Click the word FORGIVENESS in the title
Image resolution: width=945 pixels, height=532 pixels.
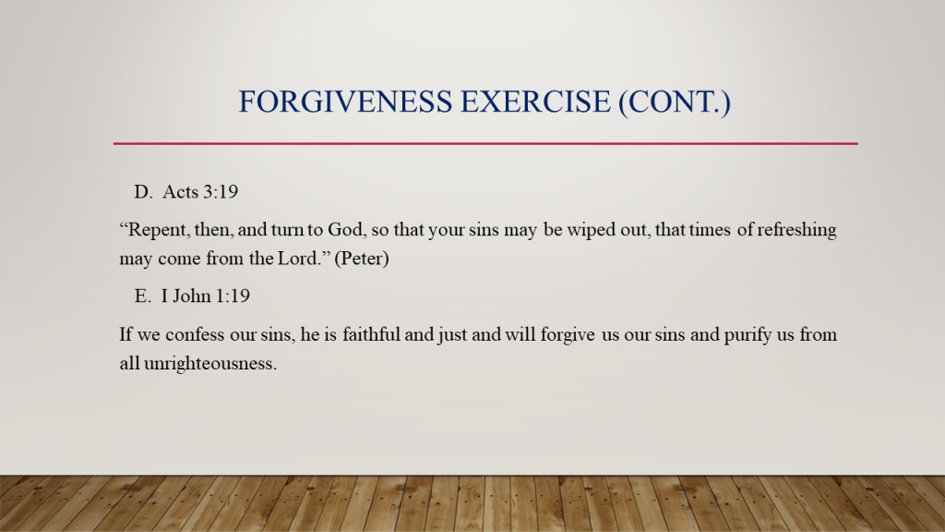coord(345,102)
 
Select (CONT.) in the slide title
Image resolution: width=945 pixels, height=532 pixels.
coord(675,102)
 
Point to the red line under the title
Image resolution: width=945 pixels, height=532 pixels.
coord(485,143)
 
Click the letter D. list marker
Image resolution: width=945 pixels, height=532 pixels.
coord(143,192)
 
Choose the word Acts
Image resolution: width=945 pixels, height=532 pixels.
coord(180,192)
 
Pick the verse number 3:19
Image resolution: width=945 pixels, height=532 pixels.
coord(221,192)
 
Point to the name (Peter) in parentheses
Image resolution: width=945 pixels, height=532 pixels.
coord(362,259)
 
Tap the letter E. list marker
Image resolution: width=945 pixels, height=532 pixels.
coord(143,296)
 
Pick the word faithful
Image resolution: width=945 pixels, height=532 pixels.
coord(371,334)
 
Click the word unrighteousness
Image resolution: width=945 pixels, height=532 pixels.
coord(210,364)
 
